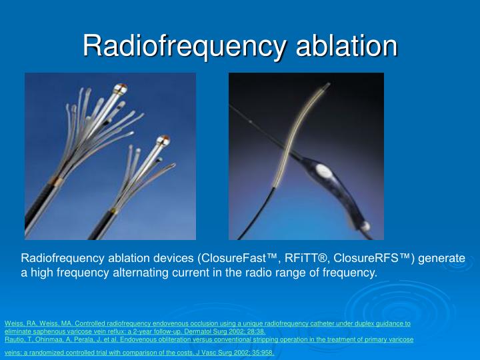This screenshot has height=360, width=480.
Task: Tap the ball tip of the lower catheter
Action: [162, 141]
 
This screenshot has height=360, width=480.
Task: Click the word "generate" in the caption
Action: [441, 258]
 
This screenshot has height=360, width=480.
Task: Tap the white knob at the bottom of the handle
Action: [367, 227]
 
